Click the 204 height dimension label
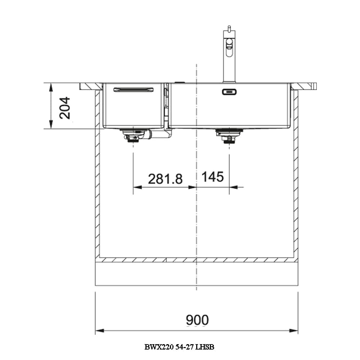tap(64, 108)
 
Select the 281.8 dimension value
tap(165, 179)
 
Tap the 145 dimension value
tap(212, 177)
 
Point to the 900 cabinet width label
tap(197, 320)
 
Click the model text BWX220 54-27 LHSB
tap(179, 347)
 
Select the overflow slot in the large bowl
tap(229, 92)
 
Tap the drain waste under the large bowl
tap(229, 136)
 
